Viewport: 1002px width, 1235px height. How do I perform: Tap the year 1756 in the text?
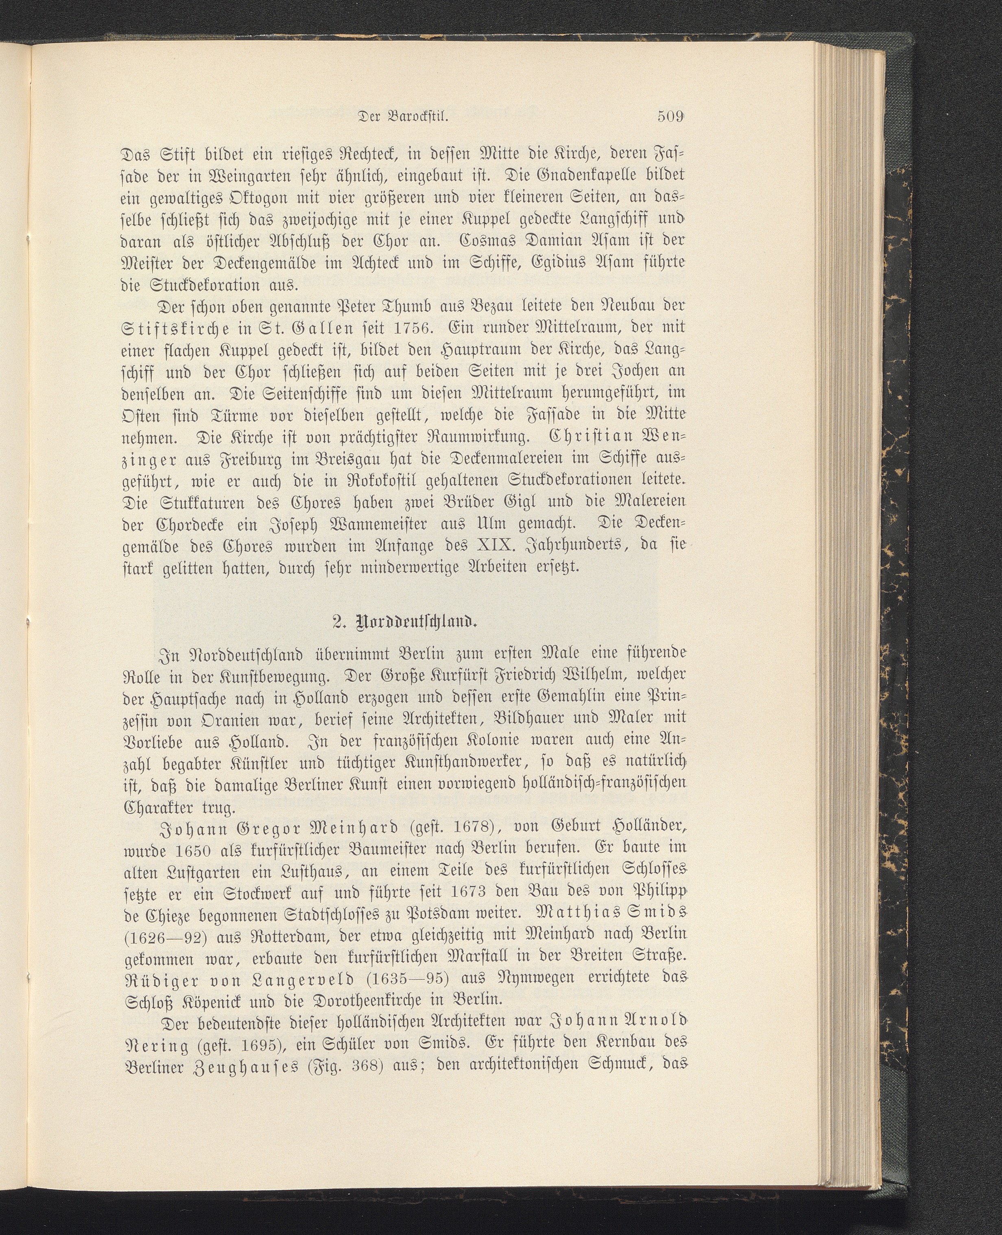point(408,328)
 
